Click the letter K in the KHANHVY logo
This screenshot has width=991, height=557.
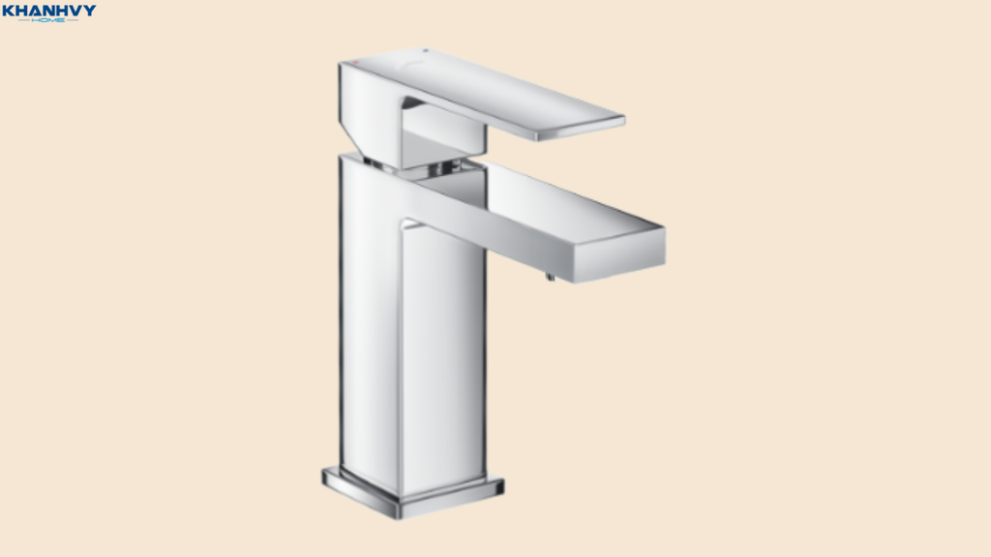(8, 11)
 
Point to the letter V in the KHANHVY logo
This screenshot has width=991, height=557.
(77, 11)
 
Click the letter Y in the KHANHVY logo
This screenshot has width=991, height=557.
(90, 11)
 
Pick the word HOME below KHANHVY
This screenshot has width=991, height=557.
(48, 20)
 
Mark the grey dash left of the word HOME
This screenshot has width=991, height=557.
(24, 20)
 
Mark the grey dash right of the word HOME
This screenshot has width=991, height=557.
(73, 20)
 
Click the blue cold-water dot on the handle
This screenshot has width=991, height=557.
(426, 50)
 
